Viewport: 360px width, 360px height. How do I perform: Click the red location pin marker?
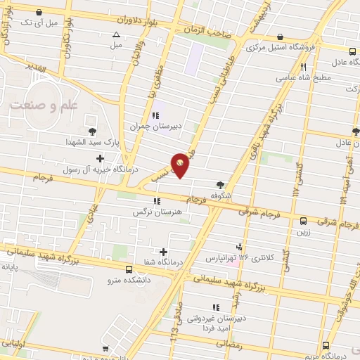click(x=181, y=165)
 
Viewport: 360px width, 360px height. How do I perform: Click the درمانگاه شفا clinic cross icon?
click(x=164, y=252)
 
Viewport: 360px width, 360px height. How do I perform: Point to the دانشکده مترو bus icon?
click(x=128, y=269)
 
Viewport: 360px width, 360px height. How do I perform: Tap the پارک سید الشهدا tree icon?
click(x=92, y=130)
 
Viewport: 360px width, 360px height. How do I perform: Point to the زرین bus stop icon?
click(x=303, y=220)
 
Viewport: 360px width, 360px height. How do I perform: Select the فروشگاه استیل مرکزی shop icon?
click(x=281, y=37)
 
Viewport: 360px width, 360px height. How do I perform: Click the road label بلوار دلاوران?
click(x=110, y=22)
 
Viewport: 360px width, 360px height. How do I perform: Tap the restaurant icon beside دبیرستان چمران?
click(x=155, y=115)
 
